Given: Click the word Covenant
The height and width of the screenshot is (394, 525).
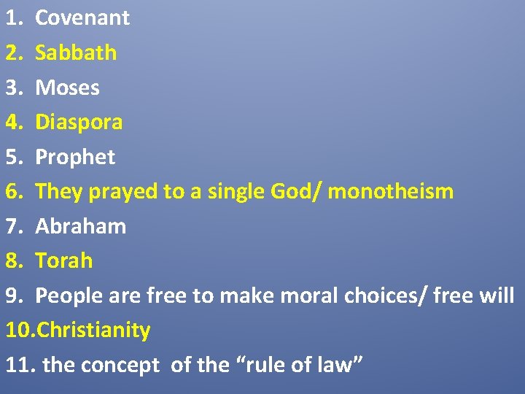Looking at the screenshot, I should [82, 18].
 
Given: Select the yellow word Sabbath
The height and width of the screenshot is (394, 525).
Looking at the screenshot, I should [76, 53].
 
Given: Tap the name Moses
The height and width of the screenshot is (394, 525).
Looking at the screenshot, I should [68, 88].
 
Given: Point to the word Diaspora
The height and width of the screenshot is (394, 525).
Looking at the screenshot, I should [79, 122].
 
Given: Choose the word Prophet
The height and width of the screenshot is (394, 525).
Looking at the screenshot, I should [75, 157].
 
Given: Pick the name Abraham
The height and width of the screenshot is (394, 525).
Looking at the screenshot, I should [81, 226].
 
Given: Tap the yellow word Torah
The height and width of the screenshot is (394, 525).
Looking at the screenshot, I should [64, 260].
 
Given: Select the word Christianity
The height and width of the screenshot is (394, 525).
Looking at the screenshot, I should [93, 330].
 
